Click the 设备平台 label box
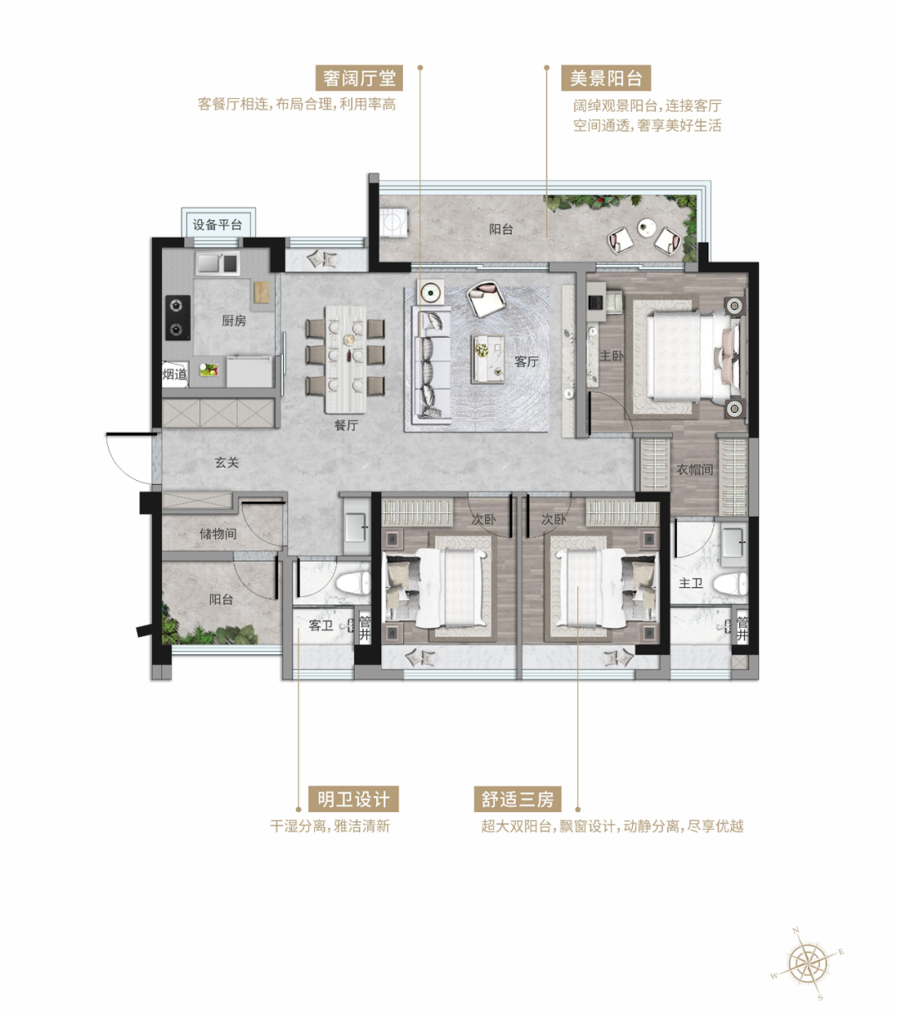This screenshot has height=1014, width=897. pyautogui.click(x=218, y=223)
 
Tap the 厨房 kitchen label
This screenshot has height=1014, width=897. pyautogui.click(x=233, y=321)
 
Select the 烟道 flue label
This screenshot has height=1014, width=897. pyautogui.click(x=174, y=374)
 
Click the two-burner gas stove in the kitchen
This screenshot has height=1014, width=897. pyautogui.click(x=178, y=317)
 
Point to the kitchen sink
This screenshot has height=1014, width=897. pyautogui.click(x=218, y=263)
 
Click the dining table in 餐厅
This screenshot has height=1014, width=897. pyautogui.click(x=346, y=360)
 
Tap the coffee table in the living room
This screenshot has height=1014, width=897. pyautogui.click(x=487, y=360)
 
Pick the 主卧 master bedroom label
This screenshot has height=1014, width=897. pyautogui.click(x=611, y=355)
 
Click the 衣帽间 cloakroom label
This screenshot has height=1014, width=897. pyautogui.click(x=695, y=469)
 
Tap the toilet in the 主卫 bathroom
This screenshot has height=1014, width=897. pyautogui.click(x=729, y=584)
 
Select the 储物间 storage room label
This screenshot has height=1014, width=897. pyautogui.click(x=218, y=533)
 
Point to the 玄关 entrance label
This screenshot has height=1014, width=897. pyautogui.click(x=227, y=463)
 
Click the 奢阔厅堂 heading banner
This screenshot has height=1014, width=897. pyautogui.click(x=359, y=78)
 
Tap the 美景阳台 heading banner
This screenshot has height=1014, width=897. pyautogui.click(x=605, y=78)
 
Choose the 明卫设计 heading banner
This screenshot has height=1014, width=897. pyautogui.click(x=353, y=799)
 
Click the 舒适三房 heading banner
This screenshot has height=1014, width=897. pyautogui.click(x=517, y=799)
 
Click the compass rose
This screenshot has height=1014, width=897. pyautogui.click(x=807, y=963)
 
